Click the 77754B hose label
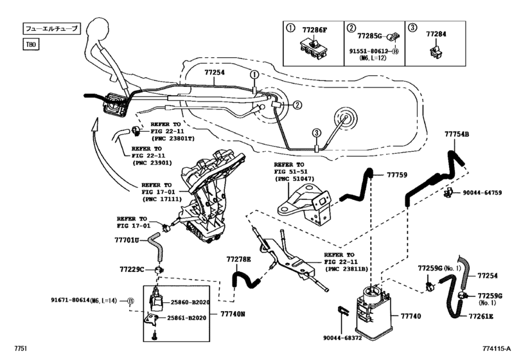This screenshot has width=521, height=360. pos(457,134)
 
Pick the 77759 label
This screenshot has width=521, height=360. pos(396,174)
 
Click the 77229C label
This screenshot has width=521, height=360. pos(132,268)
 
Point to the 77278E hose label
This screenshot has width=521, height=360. pos(238,260)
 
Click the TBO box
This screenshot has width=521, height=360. pos(31,46)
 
